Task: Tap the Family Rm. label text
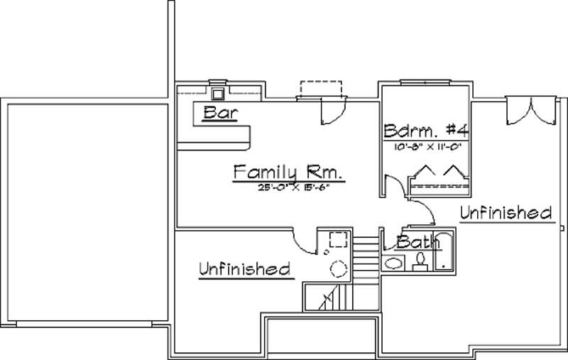coord(288,173)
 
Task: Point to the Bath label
coord(413,242)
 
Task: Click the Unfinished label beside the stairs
coord(244,268)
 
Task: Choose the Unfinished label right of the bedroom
coord(506,212)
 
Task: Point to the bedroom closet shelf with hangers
coord(438,178)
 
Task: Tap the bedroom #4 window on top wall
coord(422,84)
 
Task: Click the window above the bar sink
coord(218,80)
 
